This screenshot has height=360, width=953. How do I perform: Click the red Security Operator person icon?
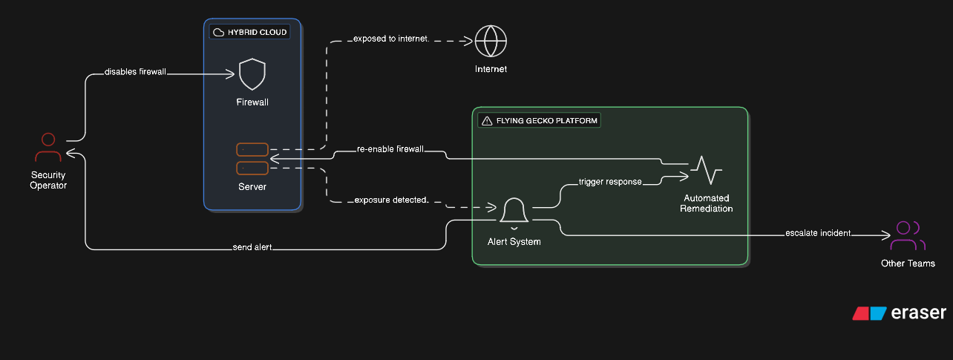pyautogui.click(x=48, y=148)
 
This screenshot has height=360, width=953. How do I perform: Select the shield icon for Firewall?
pyautogui.click(x=252, y=74)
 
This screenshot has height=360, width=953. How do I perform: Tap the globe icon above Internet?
pyautogui.click(x=491, y=42)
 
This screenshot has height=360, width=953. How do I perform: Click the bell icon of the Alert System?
pyautogui.click(x=514, y=212)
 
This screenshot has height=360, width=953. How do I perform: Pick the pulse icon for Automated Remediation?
pyautogui.click(x=705, y=171)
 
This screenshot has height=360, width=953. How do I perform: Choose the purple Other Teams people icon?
pyautogui.click(x=907, y=237)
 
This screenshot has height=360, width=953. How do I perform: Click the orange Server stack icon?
pyautogui.click(x=252, y=159)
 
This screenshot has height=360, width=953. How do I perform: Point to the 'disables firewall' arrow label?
pyautogui.click(x=135, y=72)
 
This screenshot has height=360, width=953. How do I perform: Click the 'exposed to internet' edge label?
pyautogui.click(x=390, y=38)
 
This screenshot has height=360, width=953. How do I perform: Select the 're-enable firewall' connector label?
pyautogui.click(x=390, y=149)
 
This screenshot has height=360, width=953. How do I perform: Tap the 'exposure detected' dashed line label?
pyautogui.click(x=390, y=200)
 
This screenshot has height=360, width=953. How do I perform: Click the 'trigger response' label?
pyautogui.click(x=610, y=182)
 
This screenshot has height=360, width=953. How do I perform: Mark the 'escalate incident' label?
pyautogui.click(x=818, y=234)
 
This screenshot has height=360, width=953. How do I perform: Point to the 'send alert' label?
pyautogui.click(x=252, y=248)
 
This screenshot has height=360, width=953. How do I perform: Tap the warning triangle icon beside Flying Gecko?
pyautogui.click(x=487, y=120)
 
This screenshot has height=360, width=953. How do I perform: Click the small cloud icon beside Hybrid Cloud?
pyautogui.click(x=219, y=32)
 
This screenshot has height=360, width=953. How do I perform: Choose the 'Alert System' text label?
pyautogui.click(x=514, y=241)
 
